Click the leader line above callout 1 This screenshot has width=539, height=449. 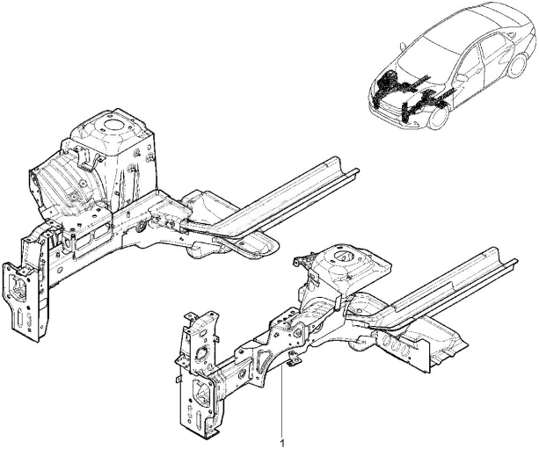(282, 402)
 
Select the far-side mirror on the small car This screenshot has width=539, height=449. (403, 46)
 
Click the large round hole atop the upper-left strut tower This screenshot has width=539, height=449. (112, 125)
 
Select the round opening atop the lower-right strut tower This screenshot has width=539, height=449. (342, 256)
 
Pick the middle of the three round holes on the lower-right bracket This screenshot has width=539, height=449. (394, 344)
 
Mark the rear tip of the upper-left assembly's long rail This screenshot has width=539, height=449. (358, 170)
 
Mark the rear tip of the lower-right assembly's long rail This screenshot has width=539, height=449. (516, 261)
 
